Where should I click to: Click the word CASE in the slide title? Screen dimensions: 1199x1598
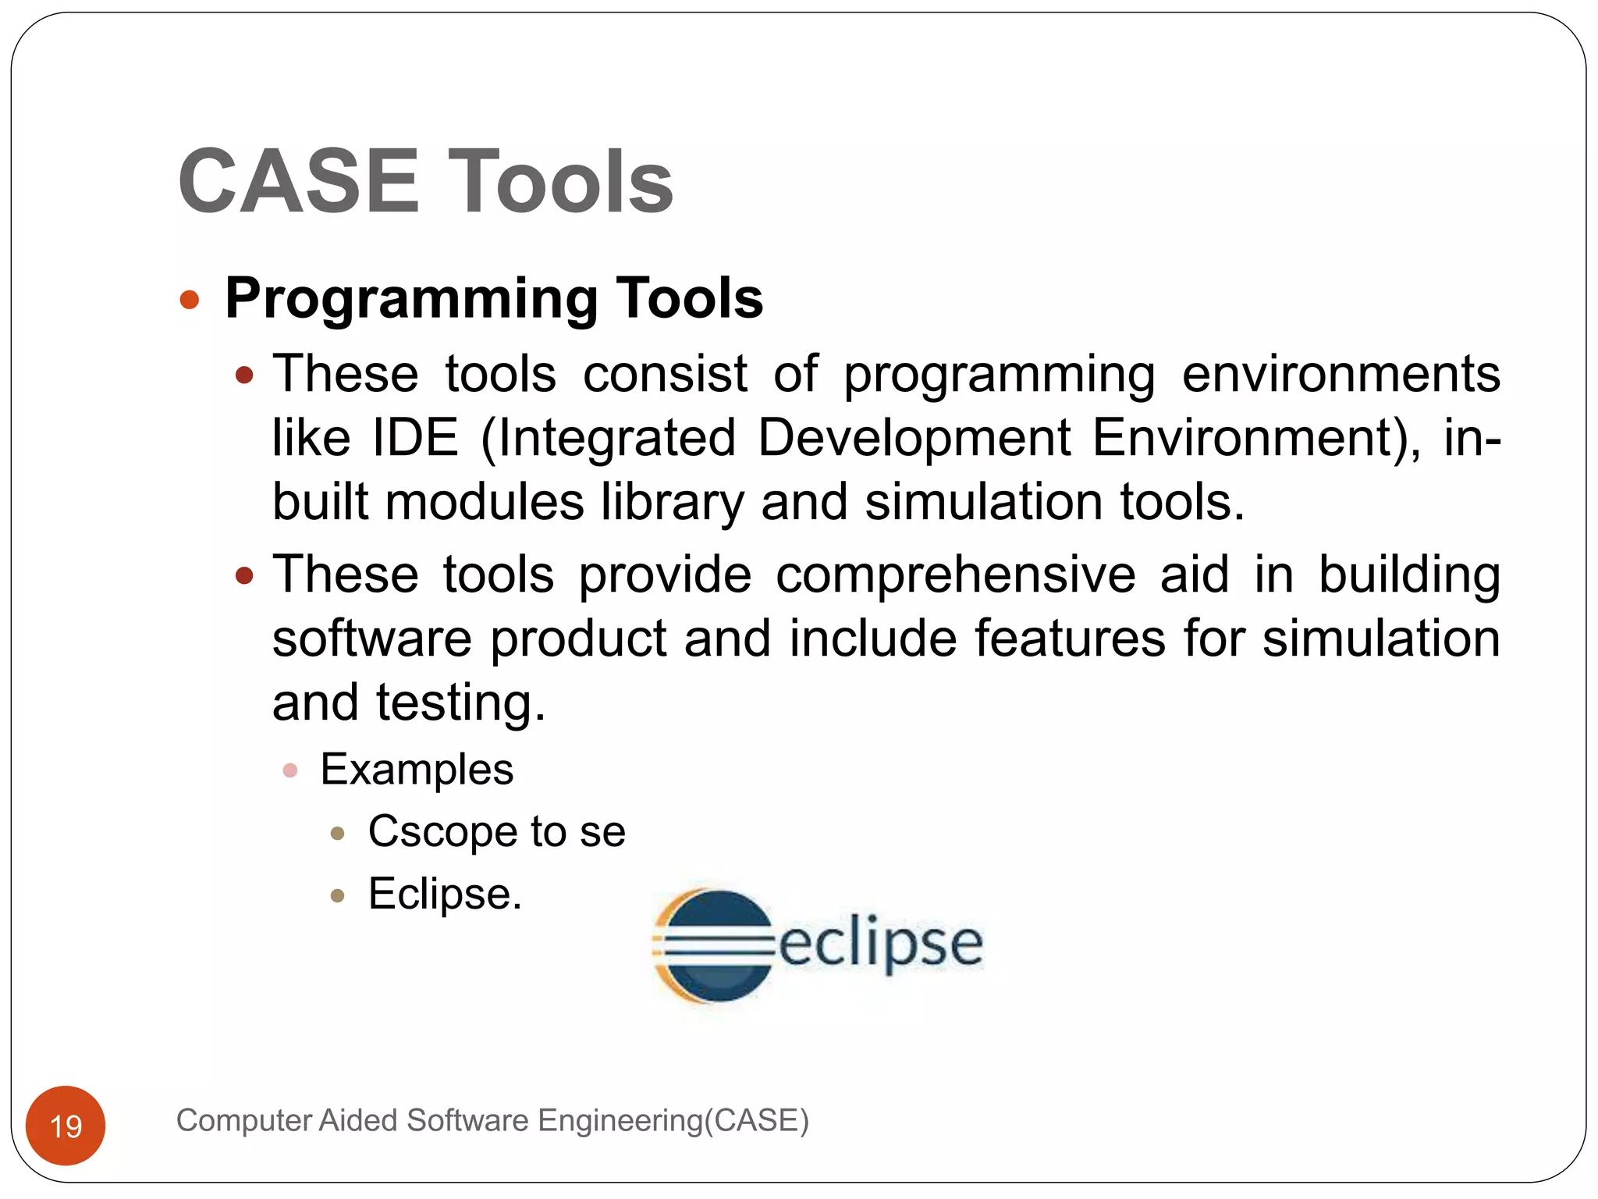(x=299, y=181)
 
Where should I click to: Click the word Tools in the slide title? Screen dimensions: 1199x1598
(x=559, y=181)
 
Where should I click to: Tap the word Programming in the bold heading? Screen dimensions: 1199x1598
(x=411, y=300)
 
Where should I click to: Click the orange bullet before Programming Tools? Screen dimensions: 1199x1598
(x=190, y=300)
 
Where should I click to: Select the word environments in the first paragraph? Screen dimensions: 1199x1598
(x=1341, y=375)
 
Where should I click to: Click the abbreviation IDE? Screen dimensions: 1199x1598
(x=415, y=438)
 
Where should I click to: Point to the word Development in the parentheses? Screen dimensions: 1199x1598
(x=914, y=438)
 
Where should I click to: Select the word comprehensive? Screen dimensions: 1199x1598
(x=954, y=575)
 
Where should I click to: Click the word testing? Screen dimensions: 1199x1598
(x=460, y=703)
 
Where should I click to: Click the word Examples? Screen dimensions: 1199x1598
(x=417, y=770)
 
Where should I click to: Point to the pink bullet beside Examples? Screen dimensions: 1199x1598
(x=290, y=771)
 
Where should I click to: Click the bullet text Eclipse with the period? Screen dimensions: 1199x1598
(x=445, y=894)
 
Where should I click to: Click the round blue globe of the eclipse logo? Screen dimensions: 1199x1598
(x=716, y=945)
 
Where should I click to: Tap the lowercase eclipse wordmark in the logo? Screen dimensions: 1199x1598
(x=880, y=944)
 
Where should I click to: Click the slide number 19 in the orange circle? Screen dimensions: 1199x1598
(x=66, y=1126)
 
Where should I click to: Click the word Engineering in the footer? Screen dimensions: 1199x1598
(x=620, y=1120)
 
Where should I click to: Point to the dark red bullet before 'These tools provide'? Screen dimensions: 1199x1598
(x=245, y=576)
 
